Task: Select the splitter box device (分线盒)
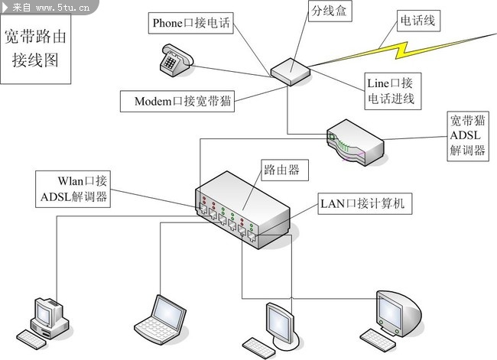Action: click(x=290, y=70)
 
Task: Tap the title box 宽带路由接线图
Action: click(x=36, y=47)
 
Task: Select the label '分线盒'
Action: click(x=327, y=12)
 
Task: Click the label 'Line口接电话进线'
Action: click(x=390, y=91)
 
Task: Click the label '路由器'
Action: click(x=284, y=170)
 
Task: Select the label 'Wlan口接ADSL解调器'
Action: click(x=75, y=190)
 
